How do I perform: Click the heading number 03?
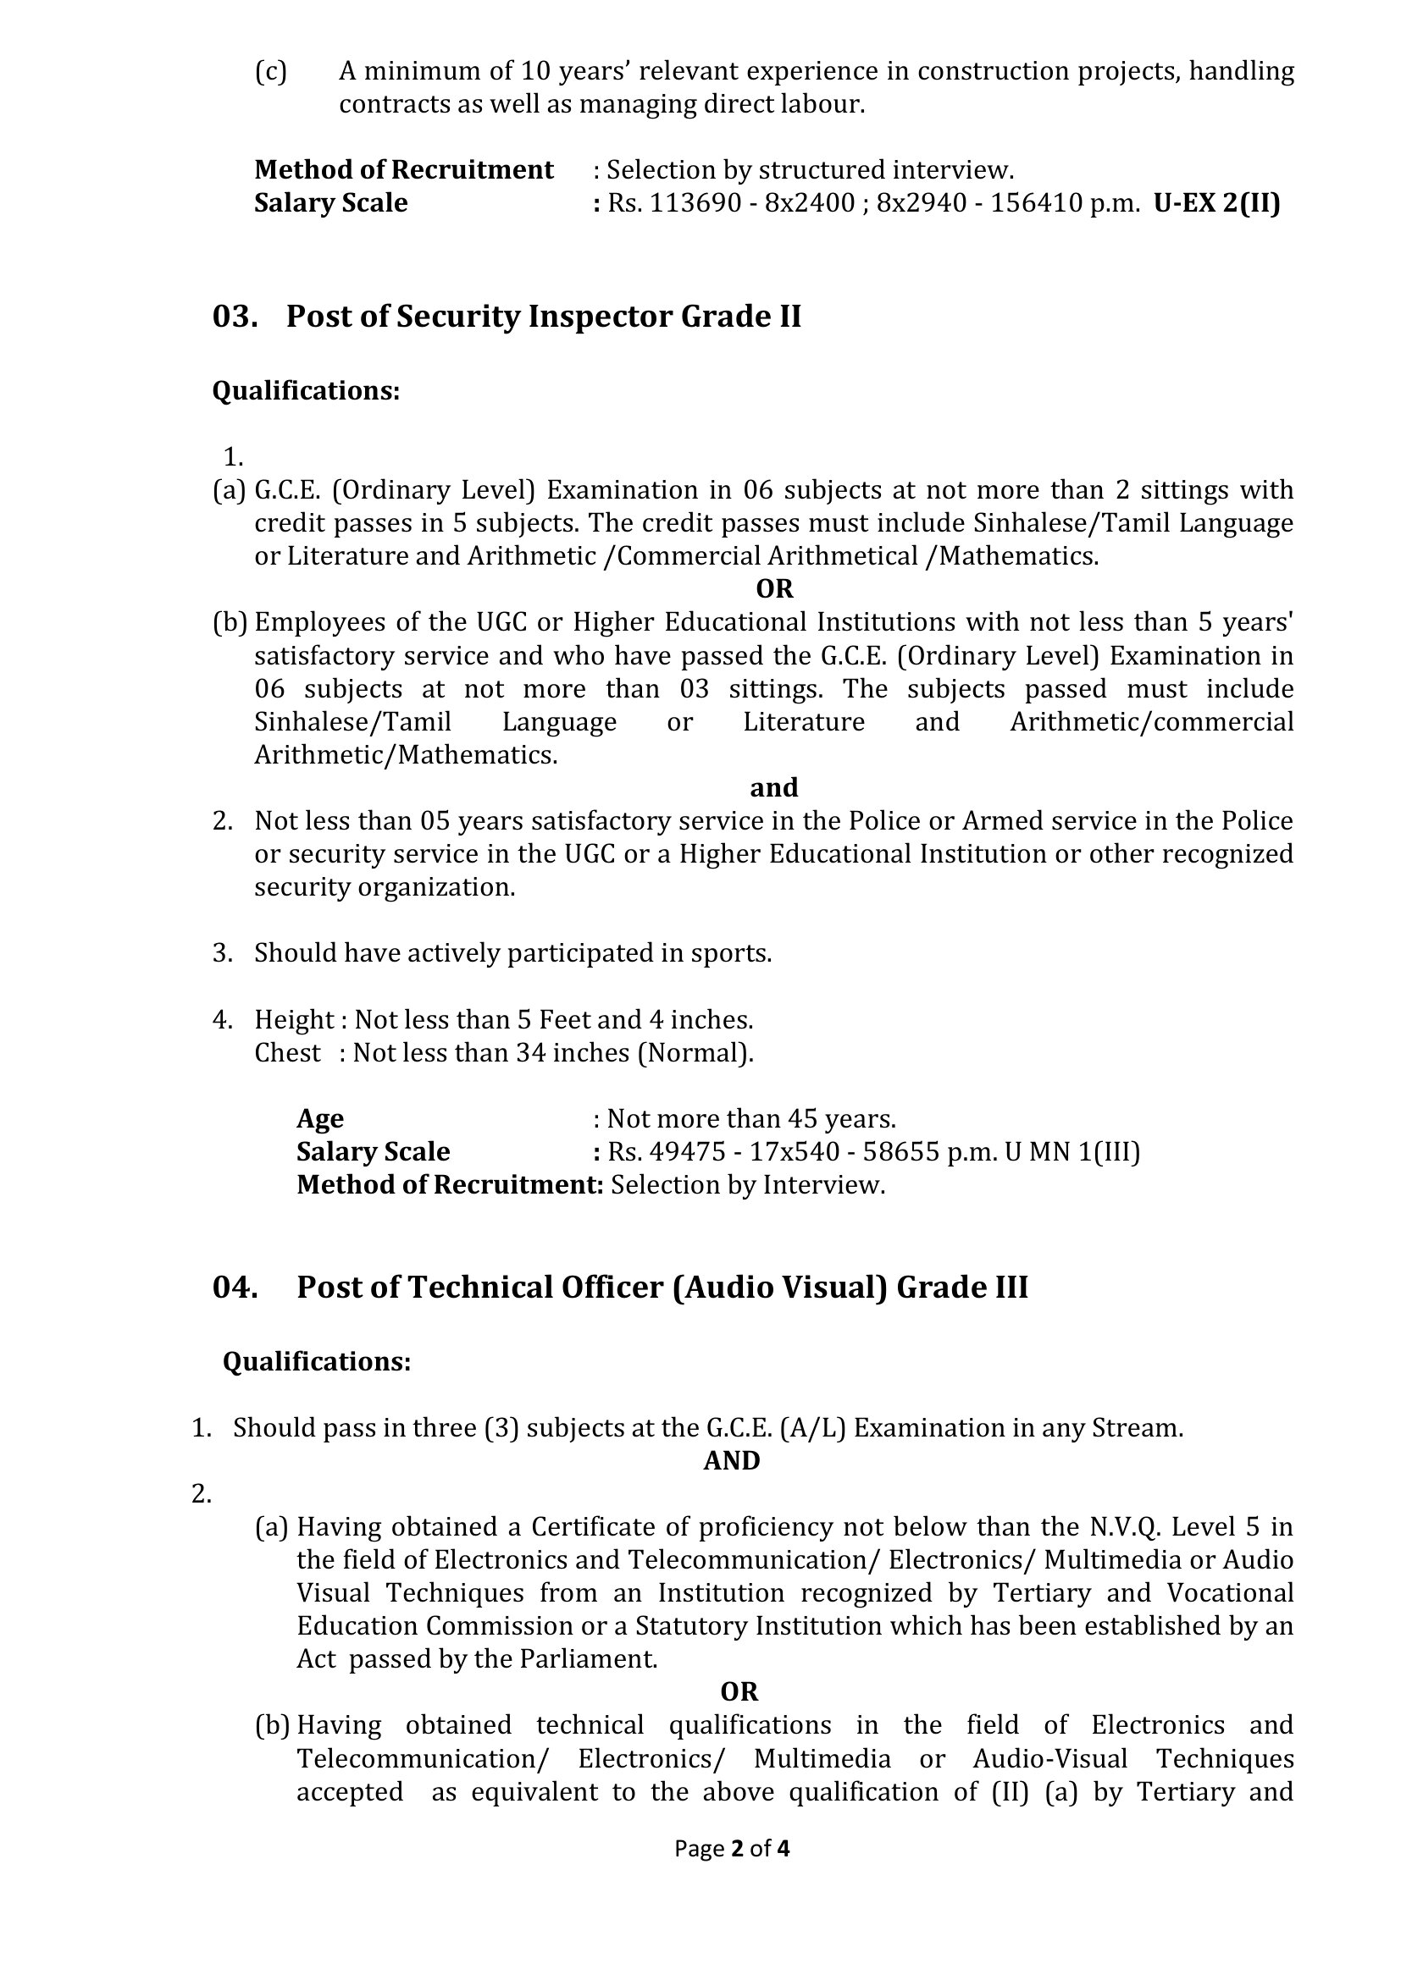click(x=235, y=317)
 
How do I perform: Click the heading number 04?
click(x=235, y=1287)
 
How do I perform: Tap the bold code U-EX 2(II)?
click(x=1216, y=202)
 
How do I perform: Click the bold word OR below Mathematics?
click(x=774, y=589)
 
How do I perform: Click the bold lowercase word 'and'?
click(x=774, y=787)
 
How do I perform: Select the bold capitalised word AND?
click(x=732, y=1460)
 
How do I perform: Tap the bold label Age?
click(x=320, y=1118)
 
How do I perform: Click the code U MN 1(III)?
click(x=1072, y=1151)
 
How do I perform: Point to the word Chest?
click(x=287, y=1053)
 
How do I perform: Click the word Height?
click(x=293, y=1020)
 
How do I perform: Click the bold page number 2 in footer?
click(x=737, y=1848)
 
